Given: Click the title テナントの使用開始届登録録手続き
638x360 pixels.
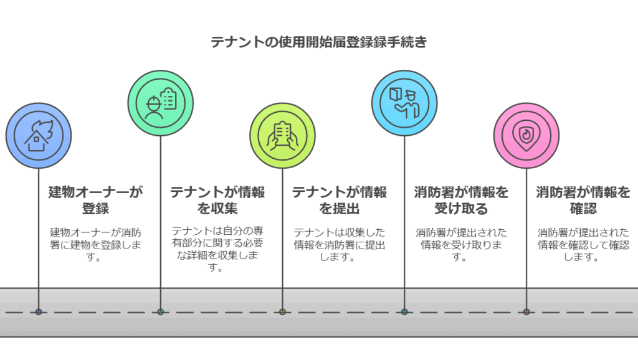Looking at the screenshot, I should [319, 42].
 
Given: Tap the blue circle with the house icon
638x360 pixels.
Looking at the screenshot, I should [39, 135].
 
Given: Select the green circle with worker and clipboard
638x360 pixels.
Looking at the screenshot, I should [161, 103].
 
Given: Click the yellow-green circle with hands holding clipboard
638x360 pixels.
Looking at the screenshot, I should [282, 135].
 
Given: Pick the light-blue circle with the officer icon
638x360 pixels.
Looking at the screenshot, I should [404, 103].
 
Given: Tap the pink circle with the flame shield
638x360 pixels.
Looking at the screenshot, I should [526, 135].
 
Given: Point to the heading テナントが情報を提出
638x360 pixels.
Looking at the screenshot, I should [339, 200].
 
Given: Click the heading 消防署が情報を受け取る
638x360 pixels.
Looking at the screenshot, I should [461, 200].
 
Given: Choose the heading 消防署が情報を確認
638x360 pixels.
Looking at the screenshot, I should [583, 200].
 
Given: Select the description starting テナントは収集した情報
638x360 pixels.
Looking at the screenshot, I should [339, 244].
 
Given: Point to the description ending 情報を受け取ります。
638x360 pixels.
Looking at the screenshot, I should [461, 244].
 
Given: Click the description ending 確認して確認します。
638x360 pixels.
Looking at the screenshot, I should [583, 244].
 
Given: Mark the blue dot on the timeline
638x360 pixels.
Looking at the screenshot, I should [39, 311].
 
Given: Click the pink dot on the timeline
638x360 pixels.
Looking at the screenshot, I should [526, 311].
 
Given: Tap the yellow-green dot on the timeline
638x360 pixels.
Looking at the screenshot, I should [282, 311].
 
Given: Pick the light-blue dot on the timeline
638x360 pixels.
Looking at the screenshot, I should [404, 311].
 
